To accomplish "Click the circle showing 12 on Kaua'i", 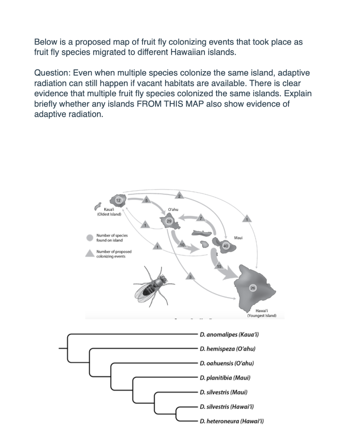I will pyautogui.click(x=118, y=200).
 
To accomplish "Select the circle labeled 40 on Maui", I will pyautogui.click(x=225, y=246).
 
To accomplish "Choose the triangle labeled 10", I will pyautogui.click(x=182, y=246).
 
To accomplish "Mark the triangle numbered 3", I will pyautogui.click(x=189, y=276).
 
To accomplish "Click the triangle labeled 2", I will pyautogui.click(x=180, y=196).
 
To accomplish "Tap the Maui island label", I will pyautogui.click(x=238, y=238).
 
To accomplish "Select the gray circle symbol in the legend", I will pyautogui.click(x=90, y=238).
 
